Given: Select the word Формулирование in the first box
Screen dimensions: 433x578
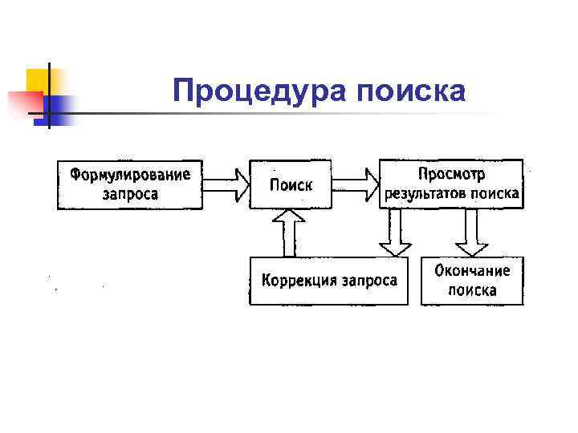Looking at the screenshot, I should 130,174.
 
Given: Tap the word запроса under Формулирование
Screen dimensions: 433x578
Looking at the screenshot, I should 130,194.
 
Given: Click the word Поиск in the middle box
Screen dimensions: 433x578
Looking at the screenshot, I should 291,185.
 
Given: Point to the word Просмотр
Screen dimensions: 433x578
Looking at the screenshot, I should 451,174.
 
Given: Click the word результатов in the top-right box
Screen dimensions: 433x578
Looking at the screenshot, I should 425,194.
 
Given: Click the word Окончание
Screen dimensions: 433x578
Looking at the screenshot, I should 472,270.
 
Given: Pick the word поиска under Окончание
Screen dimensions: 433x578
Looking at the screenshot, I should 472,290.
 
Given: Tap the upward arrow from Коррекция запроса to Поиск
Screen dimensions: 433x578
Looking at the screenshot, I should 288,232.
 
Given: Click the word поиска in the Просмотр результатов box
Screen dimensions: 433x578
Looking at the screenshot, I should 495,194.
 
